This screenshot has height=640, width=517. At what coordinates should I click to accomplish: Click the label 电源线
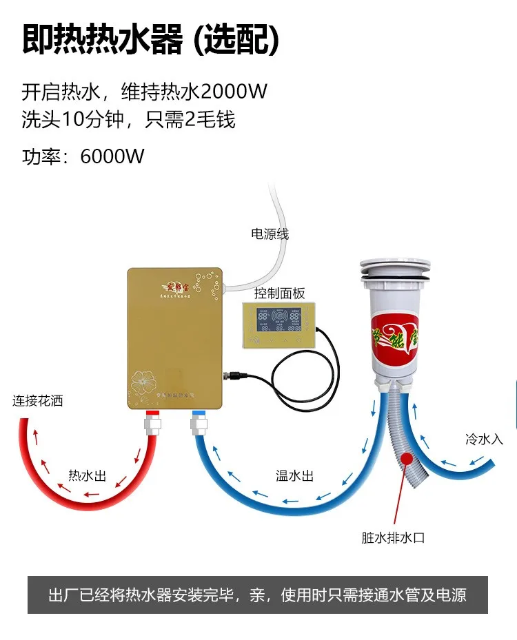[x=270, y=234]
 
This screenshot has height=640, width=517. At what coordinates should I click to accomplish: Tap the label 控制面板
[x=279, y=293]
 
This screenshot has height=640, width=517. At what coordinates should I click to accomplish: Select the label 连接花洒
[x=37, y=400]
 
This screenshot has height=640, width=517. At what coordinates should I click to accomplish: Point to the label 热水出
[x=87, y=475]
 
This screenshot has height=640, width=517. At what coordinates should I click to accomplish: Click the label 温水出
[x=295, y=475]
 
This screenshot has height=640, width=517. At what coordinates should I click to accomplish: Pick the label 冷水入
[x=485, y=439]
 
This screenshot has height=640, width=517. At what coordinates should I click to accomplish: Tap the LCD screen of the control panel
[x=279, y=320]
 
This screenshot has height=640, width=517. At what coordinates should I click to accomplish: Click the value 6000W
[x=112, y=156]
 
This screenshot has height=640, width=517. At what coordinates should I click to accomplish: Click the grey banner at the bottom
[x=258, y=594]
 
